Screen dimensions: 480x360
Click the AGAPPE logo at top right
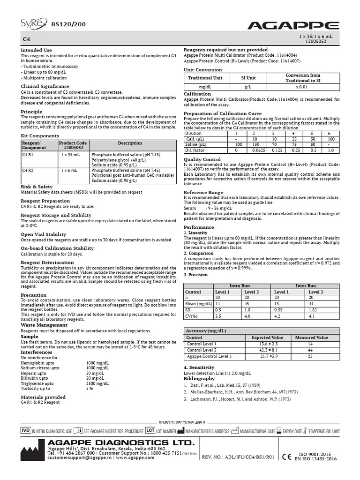tap(301, 25)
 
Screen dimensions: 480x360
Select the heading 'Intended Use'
tap(36, 50)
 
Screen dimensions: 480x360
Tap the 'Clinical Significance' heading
tap(45, 86)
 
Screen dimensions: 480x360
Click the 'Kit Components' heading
tap(40, 135)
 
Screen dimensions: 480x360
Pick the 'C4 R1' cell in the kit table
tap(28, 154)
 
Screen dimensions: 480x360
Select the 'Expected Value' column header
tap(267, 337)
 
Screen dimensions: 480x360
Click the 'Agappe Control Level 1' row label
tap(209, 357)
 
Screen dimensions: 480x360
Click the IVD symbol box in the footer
tap(26, 430)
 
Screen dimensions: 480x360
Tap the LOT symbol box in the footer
tap(150, 430)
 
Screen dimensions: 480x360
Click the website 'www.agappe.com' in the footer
tap(135, 457)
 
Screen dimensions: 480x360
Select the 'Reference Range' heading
tap(203, 192)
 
